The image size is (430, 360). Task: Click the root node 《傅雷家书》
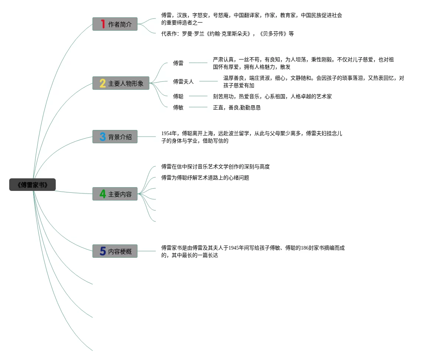point(32,185)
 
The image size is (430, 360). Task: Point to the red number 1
point(103,24)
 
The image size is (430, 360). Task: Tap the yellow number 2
point(103,83)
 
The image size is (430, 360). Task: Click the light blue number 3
point(103,137)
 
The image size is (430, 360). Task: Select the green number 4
point(103,194)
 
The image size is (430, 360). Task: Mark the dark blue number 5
point(103,251)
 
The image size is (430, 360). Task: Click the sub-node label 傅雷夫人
point(183,82)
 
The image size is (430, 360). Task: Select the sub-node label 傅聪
point(178,96)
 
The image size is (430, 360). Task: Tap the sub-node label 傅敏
point(178,107)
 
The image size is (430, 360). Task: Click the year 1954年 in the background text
point(169,133)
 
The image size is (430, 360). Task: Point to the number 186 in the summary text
point(305,248)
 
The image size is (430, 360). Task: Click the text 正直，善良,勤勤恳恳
point(237,107)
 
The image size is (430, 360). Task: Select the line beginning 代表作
point(227,34)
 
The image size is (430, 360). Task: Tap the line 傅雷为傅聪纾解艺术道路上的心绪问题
point(205,178)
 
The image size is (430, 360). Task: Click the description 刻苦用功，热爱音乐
point(272,96)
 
